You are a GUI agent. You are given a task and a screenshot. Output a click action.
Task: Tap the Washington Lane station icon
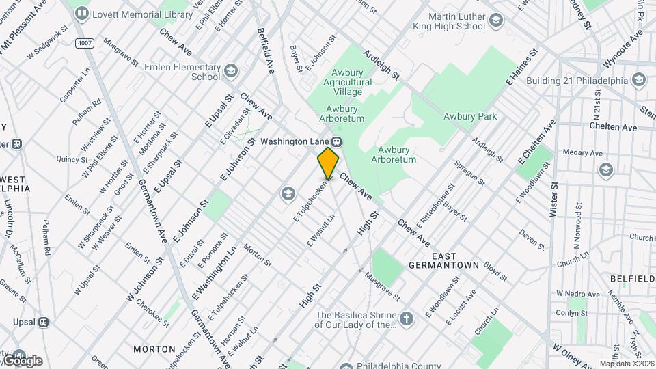[x=336, y=141]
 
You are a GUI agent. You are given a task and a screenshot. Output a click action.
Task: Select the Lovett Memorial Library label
[x=134, y=13]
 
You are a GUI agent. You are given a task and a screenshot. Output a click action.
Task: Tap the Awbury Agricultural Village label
[x=351, y=77]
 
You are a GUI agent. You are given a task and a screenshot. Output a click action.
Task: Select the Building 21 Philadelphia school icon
[x=639, y=81]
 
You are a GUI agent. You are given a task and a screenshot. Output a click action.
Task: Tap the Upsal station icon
[x=43, y=322]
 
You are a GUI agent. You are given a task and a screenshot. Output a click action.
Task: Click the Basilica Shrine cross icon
[x=407, y=319]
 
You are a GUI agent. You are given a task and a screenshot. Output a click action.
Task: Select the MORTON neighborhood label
[x=154, y=348]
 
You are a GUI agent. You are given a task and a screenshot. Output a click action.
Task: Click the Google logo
[x=22, y=361]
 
